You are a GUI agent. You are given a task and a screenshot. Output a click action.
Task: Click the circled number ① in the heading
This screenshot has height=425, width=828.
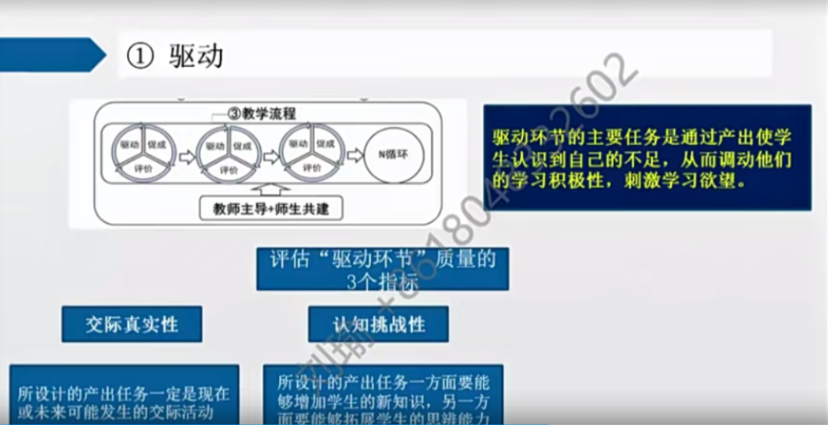[x=140, y=57]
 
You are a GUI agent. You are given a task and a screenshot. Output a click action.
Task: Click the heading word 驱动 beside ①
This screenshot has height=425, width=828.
[x=196, y=56]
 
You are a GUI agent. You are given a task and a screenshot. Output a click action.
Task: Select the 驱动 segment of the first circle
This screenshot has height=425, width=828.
[x=129, y=143]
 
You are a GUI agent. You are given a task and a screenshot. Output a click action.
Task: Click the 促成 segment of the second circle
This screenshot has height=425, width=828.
[x=242, y=144]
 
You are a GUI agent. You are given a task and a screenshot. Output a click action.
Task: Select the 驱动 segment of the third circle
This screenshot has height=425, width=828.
[x=298, y=143]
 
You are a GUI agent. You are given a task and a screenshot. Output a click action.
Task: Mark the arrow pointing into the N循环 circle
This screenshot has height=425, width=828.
[x=353, y=154]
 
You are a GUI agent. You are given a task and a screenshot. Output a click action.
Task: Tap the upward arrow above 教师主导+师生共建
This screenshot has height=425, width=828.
[x=271, y=188]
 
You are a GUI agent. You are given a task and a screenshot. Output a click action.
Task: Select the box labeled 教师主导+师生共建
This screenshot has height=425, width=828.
[x=271, y=208]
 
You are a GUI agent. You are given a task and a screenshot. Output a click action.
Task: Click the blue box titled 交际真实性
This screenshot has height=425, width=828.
[x=132, y=324]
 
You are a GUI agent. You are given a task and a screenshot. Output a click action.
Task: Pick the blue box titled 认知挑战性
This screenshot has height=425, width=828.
[x=378, y=324]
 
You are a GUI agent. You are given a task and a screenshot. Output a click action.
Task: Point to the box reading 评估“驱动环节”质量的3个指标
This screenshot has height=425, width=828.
[x=382, y=269]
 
